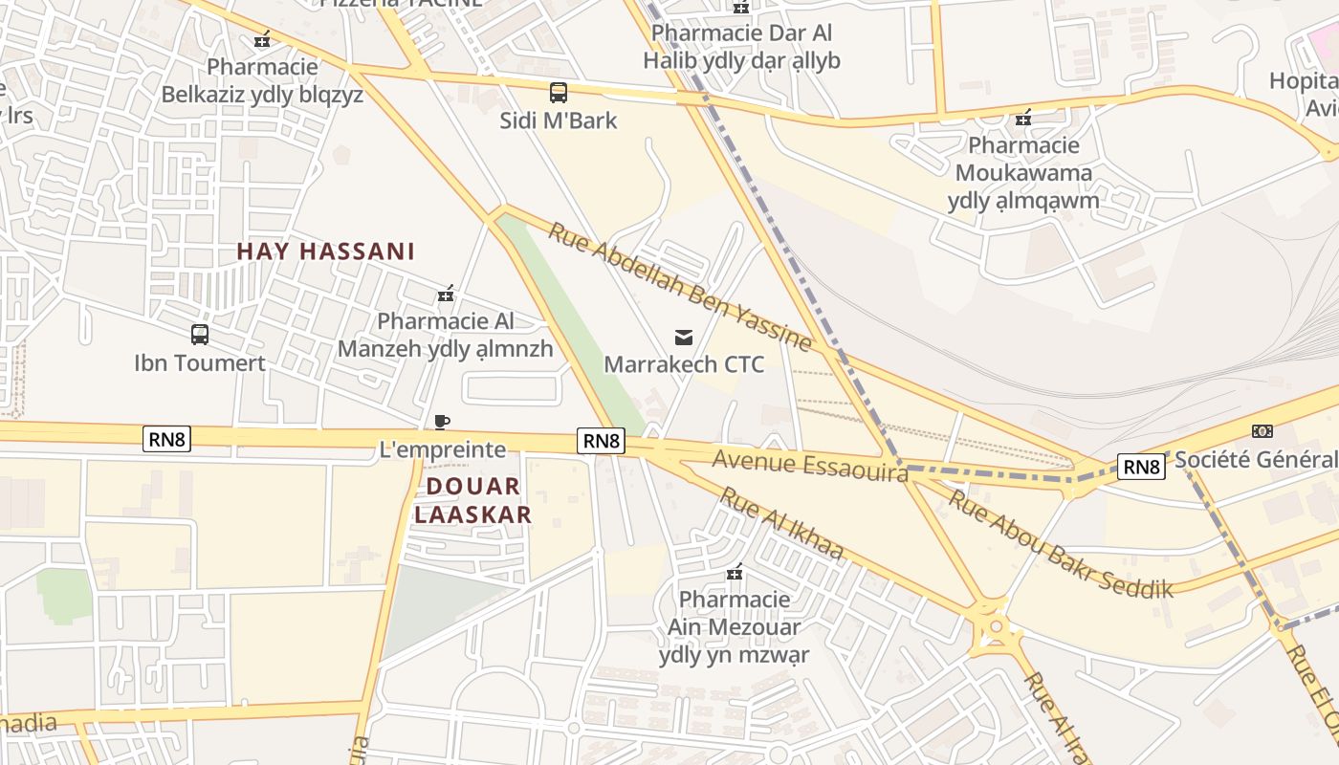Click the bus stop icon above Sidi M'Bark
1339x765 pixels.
[559, 93]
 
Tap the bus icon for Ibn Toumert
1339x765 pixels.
[200, 335]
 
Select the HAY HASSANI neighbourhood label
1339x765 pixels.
[325, 251]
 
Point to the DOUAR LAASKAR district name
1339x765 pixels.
[472, 500]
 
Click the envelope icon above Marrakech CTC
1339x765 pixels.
[684, 337]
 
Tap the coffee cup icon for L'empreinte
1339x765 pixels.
[442, 422]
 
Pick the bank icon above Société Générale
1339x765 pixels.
[1262, 431]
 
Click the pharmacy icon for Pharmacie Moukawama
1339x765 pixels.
[1023, 118]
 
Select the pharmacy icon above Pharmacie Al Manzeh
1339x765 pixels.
[445, 294]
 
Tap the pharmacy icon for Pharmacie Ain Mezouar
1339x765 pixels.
[735, 572]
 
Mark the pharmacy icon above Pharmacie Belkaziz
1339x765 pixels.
[262, 39]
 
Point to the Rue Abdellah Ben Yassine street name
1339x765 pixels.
[680, 286]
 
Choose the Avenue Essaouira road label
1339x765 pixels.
[809, 466]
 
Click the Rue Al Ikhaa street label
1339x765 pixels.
[780, 523]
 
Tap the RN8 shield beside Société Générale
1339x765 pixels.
[1142, 467]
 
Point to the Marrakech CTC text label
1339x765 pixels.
[684, 364]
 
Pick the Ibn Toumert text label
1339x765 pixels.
[200, 362]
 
